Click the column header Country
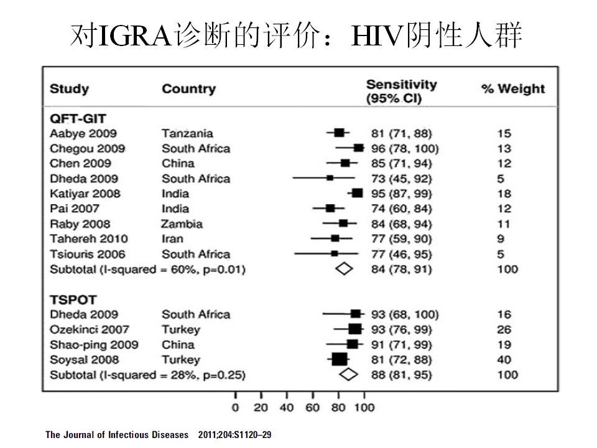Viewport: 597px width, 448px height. coord(189,89)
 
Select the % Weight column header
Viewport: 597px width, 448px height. coord(513,89)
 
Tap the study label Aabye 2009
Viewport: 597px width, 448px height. coord(83,134)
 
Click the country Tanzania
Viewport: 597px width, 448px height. coord(187,133)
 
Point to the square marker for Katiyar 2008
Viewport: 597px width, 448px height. coord(357,193)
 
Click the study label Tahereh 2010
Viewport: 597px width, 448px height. coord(89,239)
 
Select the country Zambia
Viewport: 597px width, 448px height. coord(182,224)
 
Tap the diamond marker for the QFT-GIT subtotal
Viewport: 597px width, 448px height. coord(344,269)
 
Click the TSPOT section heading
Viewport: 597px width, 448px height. coord(73,300)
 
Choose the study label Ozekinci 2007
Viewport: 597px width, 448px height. coord(90,330)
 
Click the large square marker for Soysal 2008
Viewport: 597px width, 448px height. coord(340,359)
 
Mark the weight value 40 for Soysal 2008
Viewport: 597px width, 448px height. coord(504,360)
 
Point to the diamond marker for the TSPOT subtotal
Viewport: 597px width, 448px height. coord(348,374)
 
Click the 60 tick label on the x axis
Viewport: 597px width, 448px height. coord(312,408)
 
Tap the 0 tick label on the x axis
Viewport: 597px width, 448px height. coord(235,408)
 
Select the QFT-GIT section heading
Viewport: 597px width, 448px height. coord(78,119)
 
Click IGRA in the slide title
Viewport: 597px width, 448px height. coord(134,36)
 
